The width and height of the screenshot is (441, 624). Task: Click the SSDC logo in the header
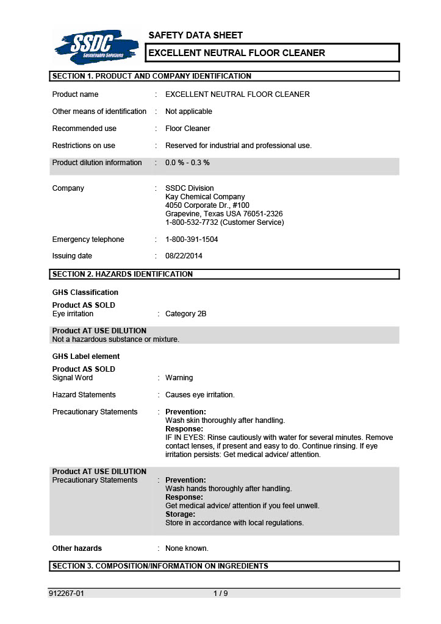(96, 46)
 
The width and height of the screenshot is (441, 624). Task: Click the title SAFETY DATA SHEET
(195, 35)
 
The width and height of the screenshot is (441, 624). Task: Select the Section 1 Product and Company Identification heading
(152, 76)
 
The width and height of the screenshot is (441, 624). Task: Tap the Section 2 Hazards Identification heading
(123, 274)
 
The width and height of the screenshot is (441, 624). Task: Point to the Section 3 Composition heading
(160, 566)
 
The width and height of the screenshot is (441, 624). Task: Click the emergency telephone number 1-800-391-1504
(192, 239)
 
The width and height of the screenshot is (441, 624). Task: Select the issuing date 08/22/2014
(184, 256)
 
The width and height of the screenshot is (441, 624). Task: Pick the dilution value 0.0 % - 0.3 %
(187, 163)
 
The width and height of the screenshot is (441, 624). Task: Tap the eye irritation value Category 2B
(185, 314)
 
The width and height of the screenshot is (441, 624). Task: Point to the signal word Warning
(179, 378)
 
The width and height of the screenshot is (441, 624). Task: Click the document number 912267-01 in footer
(66, 593)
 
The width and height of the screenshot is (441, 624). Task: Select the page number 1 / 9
(220, 593)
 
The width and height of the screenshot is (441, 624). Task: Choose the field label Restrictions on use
(84, 146)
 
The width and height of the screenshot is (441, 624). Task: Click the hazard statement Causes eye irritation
(199, 395)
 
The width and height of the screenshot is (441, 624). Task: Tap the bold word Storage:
(181, 514)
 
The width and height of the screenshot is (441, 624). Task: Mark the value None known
(187, 548)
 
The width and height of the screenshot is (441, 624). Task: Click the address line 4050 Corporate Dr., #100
(207, 205)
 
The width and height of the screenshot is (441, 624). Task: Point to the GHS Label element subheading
(86, 356)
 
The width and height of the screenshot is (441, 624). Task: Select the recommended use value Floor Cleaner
(187, 129)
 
